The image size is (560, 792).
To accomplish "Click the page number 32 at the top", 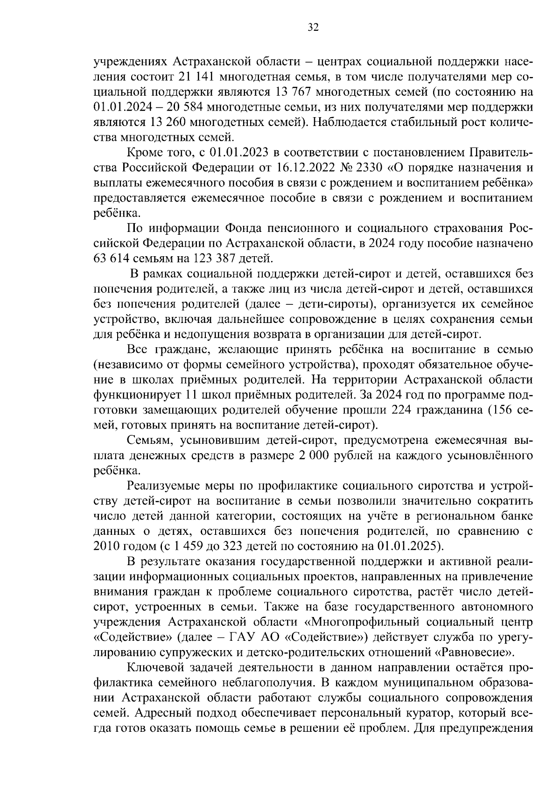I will pyautogui.click(x=313, y=28).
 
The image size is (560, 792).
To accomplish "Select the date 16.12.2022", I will pyautogui.click(x=314, y=168).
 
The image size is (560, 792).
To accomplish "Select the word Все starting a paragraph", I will pyautogui.click(x=137, y=350).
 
